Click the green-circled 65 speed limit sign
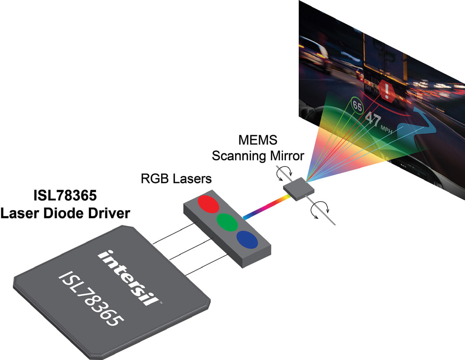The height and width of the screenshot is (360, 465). click(x=357, y=105)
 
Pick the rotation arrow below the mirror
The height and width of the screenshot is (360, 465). click(x=320, y=211)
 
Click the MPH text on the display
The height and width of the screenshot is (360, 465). click(x=387, y=129)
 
